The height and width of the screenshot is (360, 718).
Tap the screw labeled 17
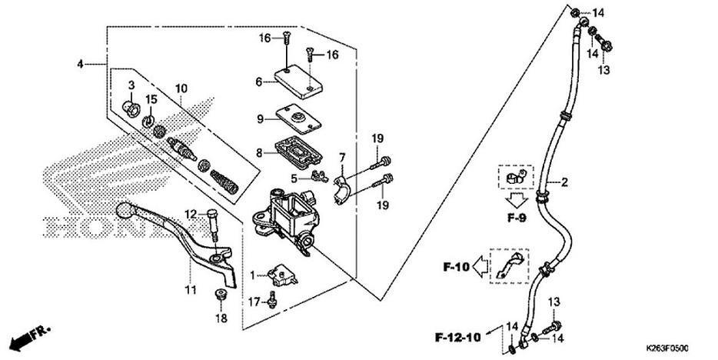(x=272, y=301)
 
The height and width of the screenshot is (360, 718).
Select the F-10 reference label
(x=455, y=268)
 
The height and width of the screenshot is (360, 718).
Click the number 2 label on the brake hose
(x=564, y=182)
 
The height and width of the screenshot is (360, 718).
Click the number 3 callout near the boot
(x=131, y=84)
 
